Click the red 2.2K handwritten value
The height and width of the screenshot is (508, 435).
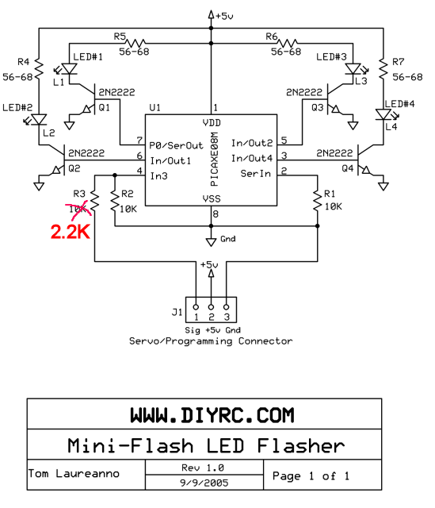click(x=71, y=232)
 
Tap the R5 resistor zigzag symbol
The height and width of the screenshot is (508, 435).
click(x=135, y=43)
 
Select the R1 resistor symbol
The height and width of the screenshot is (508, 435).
click(x=317, y=201)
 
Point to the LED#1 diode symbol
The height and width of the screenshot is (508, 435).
click(x=69, y=69)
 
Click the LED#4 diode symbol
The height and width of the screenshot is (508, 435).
click(x=383, y=114)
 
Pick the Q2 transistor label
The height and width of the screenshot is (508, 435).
click(x=74, y=168)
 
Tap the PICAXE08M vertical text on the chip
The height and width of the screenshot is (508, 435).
click(x=214, y=159)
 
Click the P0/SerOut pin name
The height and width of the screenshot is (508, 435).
click(x=176, y=145)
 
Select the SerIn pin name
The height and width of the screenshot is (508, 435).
click(x=255, y=174)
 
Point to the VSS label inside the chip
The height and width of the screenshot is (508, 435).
click(x=212, y=198)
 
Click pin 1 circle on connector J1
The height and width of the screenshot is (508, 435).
click(x=196, y=307)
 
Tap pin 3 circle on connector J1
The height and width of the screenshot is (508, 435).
click(x=227, y=307)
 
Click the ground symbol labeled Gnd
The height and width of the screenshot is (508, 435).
click(x=211, y=242)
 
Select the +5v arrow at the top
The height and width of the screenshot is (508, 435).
click(x=211, y=14)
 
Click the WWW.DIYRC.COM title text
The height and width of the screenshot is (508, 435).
click(x=212, y=415)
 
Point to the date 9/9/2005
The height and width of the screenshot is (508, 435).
click(x=204, y=483)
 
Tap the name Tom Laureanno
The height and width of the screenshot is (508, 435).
click(x=74, y=473)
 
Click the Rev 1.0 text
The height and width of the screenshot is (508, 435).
click(x=203, y=468)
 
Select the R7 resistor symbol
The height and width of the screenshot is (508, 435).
click(x=383, y=69)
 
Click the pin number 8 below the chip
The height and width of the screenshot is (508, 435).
click(x=216, y=214)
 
